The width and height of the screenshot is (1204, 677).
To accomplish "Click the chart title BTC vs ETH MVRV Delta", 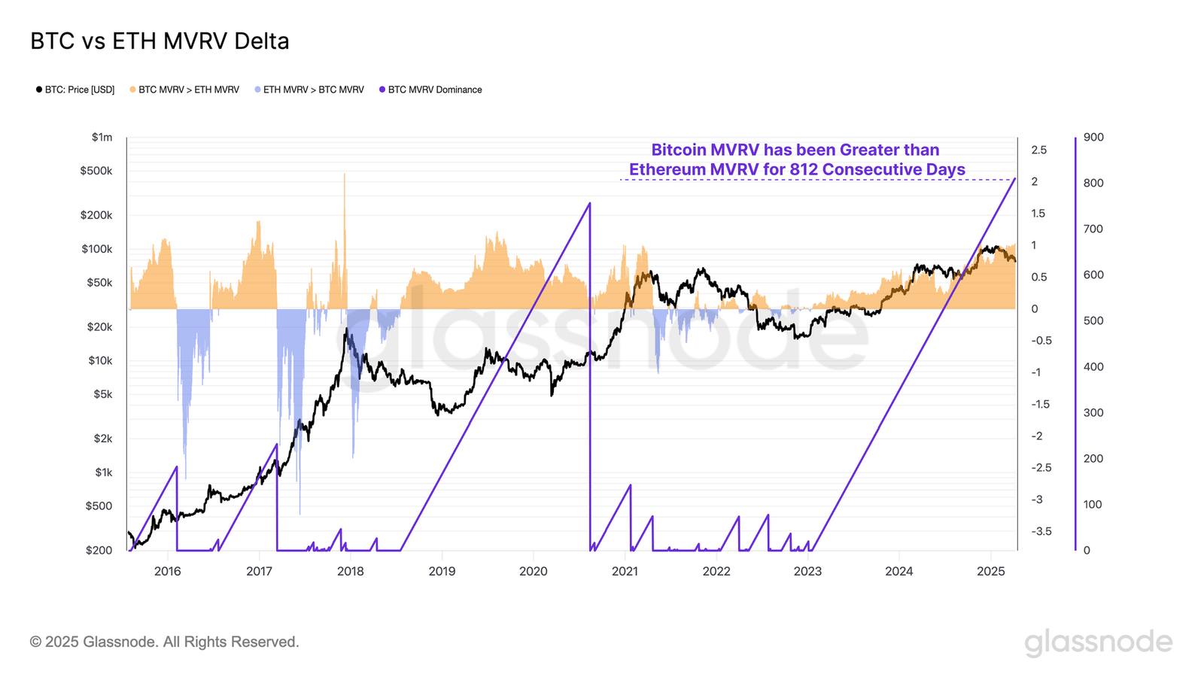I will click(160, 41).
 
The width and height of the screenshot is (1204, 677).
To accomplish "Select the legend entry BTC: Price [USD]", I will click(75, 90).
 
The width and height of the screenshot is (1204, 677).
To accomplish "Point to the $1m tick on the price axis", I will click(102, 137).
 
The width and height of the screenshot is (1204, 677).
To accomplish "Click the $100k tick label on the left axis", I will click(97, 249).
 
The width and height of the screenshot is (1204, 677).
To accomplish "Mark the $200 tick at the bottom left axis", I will click(99, 550).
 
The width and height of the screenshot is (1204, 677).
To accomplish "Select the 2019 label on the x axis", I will click(442, 571).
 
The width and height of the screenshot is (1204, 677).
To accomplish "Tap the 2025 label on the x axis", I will click(990, 571).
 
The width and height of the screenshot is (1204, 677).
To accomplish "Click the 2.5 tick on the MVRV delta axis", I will click(1038, 150).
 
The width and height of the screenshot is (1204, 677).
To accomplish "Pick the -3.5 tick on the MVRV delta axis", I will click(1041, 531).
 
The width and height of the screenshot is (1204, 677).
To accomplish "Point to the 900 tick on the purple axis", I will click(1093, 137).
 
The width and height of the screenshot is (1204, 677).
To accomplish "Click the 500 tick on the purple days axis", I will click(1093, 320).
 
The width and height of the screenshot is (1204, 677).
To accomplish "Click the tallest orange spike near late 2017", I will click(345, 175).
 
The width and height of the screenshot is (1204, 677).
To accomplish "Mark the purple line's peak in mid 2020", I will click(589, 203).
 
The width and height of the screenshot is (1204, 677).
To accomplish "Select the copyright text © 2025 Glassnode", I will click(164, 642).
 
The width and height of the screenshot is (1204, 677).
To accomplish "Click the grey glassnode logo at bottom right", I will click(1098, 642).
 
